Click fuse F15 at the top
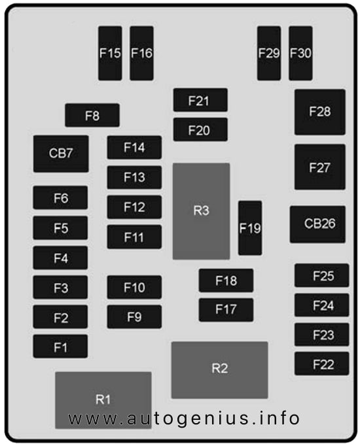pos(110,53)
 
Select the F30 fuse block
pos(300,53)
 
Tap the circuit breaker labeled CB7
pos(61,154)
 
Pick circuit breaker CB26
pos(317,224)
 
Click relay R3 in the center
pos(201,211)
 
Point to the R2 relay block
pos(219,370)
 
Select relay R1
pos(103,400)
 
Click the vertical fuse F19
pos(250,228)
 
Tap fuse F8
pos(92,115)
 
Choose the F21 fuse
pos(200,100)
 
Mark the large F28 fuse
pos(320,112)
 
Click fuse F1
pos(60,346)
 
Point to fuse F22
pos(321,364)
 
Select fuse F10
pos(134,287)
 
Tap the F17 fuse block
pos(226,310)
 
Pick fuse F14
pos(134,147)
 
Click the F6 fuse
pos(60,197)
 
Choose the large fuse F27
pos(320,167)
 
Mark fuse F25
pos(321,275)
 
